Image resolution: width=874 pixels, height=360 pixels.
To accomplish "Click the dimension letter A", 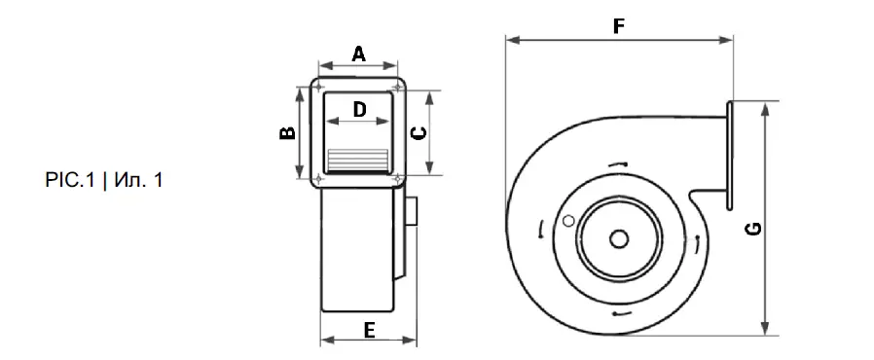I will (358, 54).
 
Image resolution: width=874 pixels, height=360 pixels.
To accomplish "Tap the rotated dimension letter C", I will (419, 132).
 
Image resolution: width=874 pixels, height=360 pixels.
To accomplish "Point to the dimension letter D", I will (358, 109).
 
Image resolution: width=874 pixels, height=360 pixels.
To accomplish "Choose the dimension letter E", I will (369, 330).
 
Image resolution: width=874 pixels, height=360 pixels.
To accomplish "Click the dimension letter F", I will (618, 26).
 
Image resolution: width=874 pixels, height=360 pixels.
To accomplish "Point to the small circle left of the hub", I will (567, 222).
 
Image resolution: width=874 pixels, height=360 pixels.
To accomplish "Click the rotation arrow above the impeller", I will (615, 166).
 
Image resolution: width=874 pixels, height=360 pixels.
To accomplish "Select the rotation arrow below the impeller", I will (619, 313).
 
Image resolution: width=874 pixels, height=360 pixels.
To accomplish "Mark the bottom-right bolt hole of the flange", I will (399, 179).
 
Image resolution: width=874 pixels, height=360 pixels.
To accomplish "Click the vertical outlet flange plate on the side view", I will (728, 154).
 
